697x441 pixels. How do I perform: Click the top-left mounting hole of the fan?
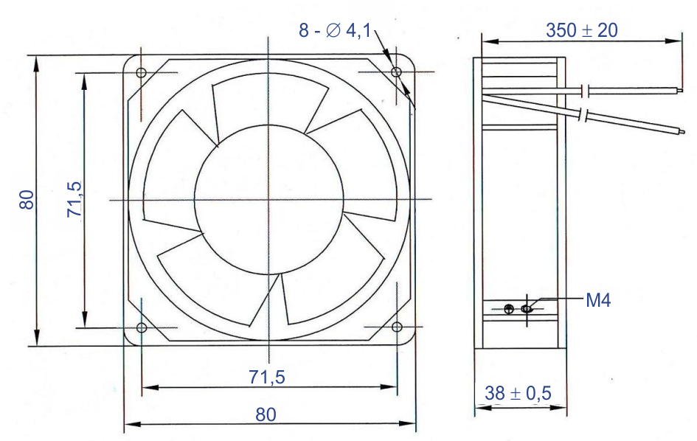(x=141, y=72)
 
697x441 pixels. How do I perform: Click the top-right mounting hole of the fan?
(x=395, y=72)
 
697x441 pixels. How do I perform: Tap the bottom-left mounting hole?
(x=142, y=328)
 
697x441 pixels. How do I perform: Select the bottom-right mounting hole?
(x=397, y=327)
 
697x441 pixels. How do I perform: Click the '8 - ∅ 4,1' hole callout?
(x=335, y=30)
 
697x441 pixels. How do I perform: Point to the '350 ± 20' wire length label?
(x=581, y=30)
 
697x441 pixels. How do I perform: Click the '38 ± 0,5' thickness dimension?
(x=518, y=393)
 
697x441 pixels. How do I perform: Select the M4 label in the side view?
(x=598, y=300)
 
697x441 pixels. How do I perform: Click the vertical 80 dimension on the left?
(x=27, y=200)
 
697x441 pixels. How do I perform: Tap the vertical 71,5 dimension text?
(x=74, y=199)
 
